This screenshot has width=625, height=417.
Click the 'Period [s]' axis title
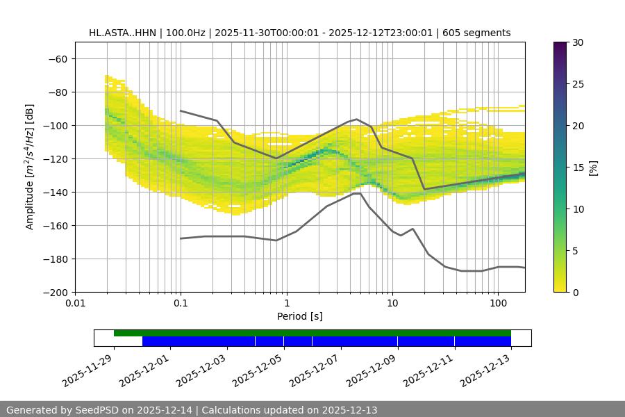pyautogui.click(x=300, y=316)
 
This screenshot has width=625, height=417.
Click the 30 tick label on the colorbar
pyautogui.click(x=578, y=42)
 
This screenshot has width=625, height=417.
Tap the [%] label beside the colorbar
pyautogui.click(x=593, y=167)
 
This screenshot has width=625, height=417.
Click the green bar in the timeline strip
pyautogui.click(x=312, y=333)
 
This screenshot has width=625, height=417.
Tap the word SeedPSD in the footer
pyautogui.click(x=97, y=410)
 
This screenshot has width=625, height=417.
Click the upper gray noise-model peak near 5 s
pyautogui.click(x=357, y=119)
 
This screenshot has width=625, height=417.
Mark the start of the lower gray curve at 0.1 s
pyautogui.click(x=181, y=238)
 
